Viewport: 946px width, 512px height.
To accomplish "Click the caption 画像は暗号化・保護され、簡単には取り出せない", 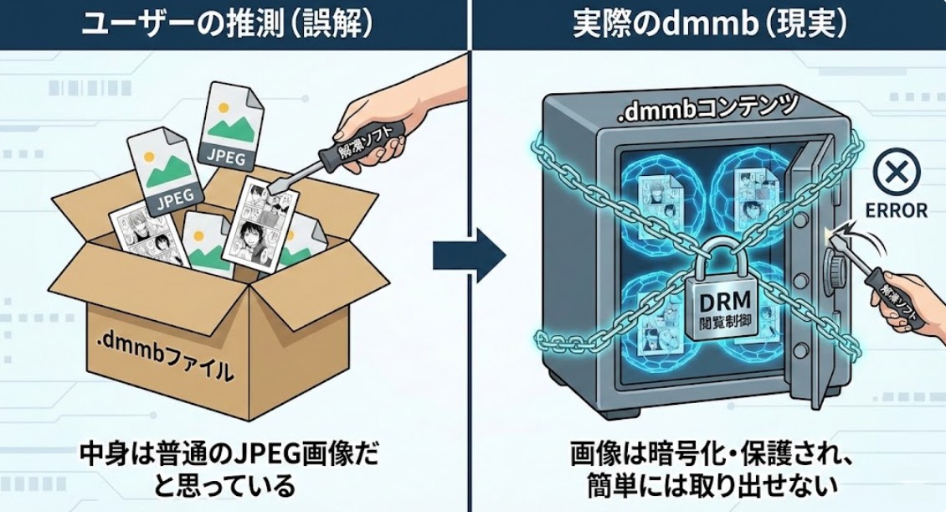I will coord(709,470).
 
